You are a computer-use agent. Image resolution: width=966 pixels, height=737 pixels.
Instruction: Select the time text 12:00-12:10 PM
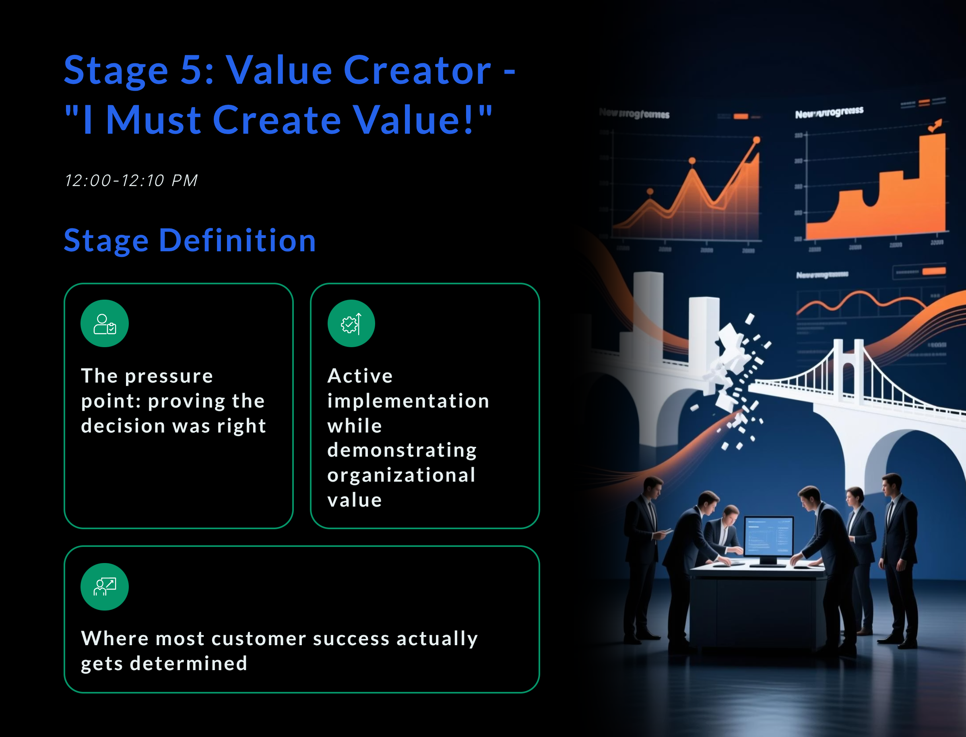click(x=131, y=180)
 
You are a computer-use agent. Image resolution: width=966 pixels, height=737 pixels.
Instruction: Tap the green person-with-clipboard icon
click(x=104, y=324)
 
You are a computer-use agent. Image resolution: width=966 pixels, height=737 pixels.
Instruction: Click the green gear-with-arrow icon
click(x=351, y=324)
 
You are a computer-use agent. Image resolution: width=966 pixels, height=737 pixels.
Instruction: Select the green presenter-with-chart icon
click(x=104, y=586)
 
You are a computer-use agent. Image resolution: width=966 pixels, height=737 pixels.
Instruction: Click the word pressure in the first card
click(x=169, y=376)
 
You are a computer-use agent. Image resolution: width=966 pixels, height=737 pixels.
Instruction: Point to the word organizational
click(x=401, y=475)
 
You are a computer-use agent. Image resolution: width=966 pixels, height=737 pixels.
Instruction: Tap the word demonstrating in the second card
click(x=402, y=450)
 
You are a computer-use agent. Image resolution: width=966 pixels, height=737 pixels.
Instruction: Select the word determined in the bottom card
click(x=188, y=663)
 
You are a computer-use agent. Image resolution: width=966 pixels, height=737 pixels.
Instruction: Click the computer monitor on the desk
click(x=769, y=538)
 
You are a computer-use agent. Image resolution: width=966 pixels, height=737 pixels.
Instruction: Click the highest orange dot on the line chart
click(x=756, y=140)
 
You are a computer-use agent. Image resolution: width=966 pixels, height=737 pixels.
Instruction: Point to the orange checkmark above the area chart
click(x=935, y=126)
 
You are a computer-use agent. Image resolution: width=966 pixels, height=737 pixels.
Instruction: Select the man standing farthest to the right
click(x=897, y=557)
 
